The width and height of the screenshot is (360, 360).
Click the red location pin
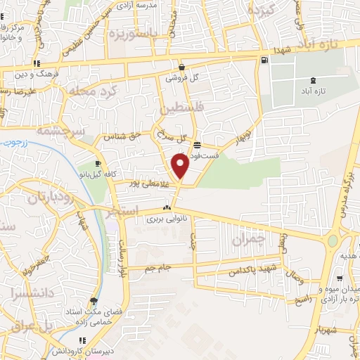(180, 166)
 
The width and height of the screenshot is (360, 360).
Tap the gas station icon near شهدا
(264, 60)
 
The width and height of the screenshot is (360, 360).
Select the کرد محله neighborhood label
(87, 91)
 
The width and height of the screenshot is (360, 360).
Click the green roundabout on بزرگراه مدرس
(332, 241)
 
